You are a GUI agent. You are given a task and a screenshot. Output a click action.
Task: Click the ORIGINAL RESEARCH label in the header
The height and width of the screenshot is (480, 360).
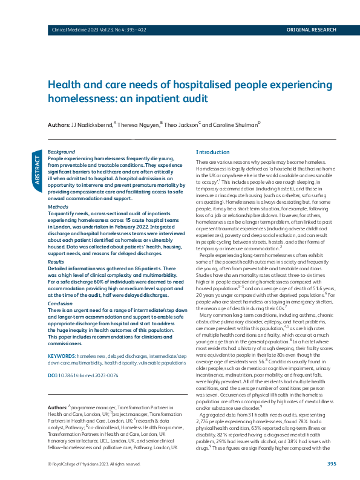click(310, 29)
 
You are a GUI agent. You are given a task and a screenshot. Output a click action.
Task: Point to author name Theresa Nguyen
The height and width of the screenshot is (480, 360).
click(139, 125)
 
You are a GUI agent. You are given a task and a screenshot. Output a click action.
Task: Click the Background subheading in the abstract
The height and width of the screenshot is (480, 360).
click(62, 151)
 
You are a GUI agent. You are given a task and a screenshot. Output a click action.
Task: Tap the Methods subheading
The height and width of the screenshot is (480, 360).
click(58, 207)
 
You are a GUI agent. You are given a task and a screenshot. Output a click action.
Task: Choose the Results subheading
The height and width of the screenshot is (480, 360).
click(57, 262)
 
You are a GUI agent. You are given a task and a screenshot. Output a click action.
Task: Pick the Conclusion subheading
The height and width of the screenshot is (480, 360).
click(61, 303)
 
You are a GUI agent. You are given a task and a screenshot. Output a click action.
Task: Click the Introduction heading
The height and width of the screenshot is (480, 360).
click(213, 152)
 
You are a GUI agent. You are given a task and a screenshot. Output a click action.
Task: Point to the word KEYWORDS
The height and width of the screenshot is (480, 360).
click(61, 356)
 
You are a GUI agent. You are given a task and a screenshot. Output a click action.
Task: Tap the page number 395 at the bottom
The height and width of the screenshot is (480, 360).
click(331, 464)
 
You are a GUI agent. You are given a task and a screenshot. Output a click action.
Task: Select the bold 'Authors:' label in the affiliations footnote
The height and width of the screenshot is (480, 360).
click(57, 408)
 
